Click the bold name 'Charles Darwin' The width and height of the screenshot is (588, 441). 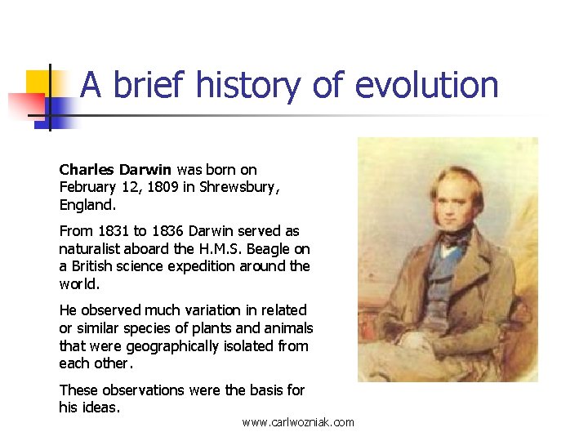[x=115, y=170]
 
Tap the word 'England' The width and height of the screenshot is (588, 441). [x=87, y=204]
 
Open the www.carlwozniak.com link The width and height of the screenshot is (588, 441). [x=298, y=422]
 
